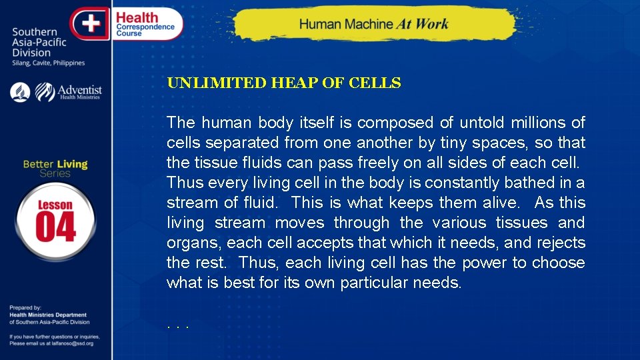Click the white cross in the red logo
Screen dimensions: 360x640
(91, 24)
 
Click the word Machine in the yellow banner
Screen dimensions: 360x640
(365, 25)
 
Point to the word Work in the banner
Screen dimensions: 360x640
(432, 25)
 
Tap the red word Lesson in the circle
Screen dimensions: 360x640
(55, 205)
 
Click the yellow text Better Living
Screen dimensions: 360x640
(55, 164)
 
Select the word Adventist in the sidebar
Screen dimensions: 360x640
(80, 89)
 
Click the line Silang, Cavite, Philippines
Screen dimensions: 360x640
(49, 63)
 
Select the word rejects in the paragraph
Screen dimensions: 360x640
(560, 243)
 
